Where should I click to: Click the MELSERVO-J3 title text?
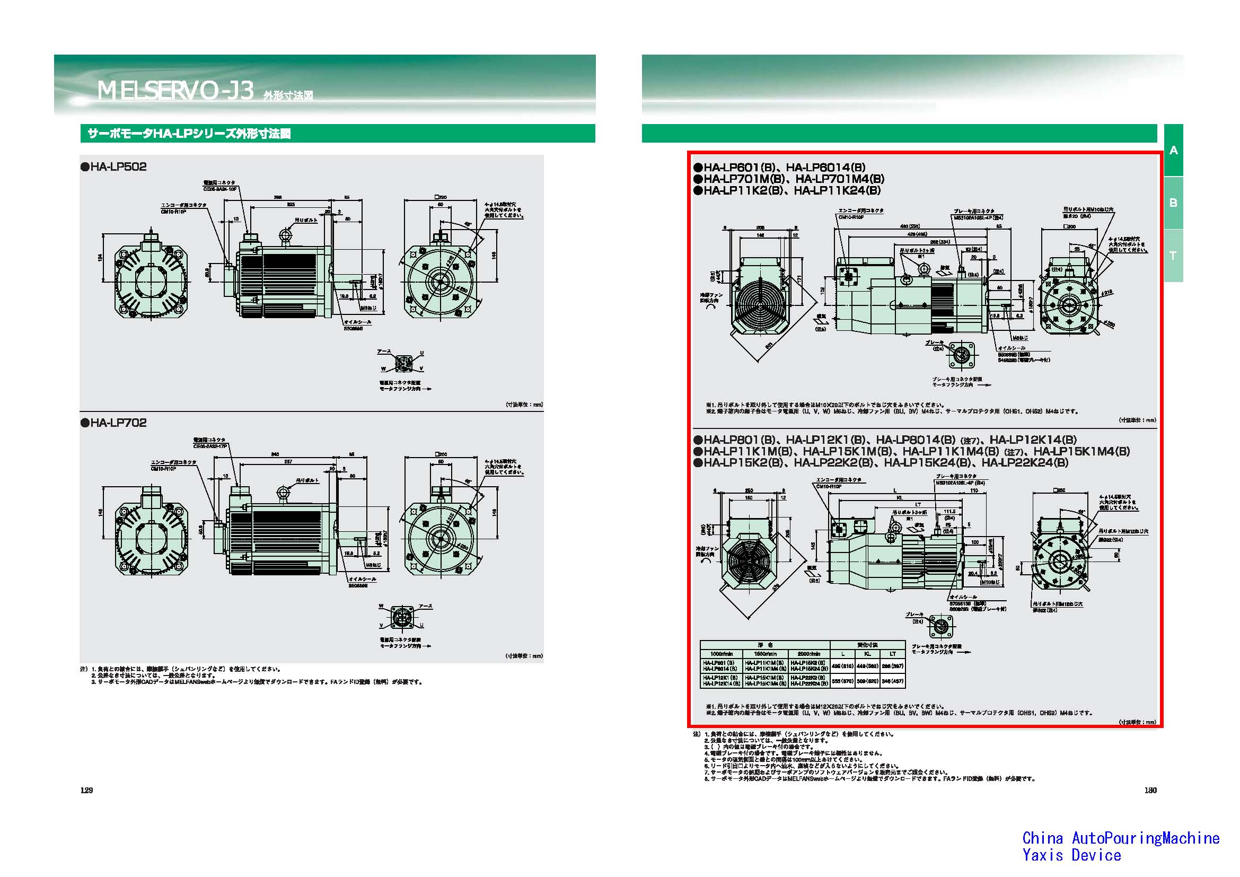click(x=175, y=91)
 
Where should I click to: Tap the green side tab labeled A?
click(x=1173, y=151)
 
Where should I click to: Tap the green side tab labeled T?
click(x=1173, y=256)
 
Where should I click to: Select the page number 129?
click(x=86, y=790)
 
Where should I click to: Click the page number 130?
click(x=1150, y=790)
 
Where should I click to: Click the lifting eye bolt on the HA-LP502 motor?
click(x=285, y=235)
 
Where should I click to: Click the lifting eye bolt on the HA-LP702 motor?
click(x=284, y=493)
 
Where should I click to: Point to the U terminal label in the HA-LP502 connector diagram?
click(x=422, y=353)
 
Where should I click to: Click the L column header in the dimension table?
click(x=843, y=653)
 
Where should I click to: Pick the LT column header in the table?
click(x=893, y=653)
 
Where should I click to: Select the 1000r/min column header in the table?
click(x=721, y=653)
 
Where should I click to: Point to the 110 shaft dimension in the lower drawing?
click(x=974, y=490)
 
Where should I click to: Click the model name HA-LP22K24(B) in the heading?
click(x=1025, y=463)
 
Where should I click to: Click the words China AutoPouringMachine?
click(x=1121, y=838)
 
